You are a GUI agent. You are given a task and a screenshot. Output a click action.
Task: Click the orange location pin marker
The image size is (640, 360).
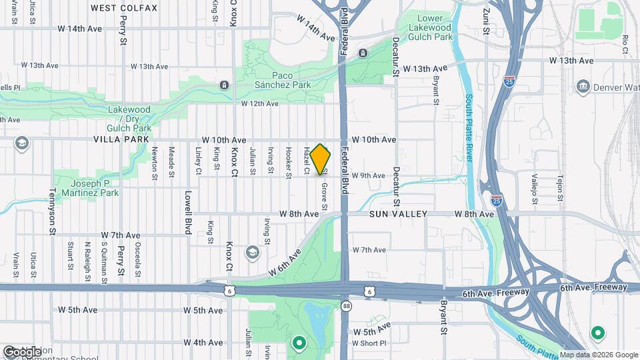coord(321,159)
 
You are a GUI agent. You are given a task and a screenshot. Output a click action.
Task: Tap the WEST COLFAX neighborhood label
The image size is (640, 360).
coord(124,8)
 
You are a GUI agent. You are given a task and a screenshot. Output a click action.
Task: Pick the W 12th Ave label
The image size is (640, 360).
coord(259,103)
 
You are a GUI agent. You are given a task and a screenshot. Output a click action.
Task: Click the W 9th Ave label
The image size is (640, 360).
coord(369,176)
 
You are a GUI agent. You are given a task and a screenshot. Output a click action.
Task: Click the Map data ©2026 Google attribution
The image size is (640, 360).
coord(598,355)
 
